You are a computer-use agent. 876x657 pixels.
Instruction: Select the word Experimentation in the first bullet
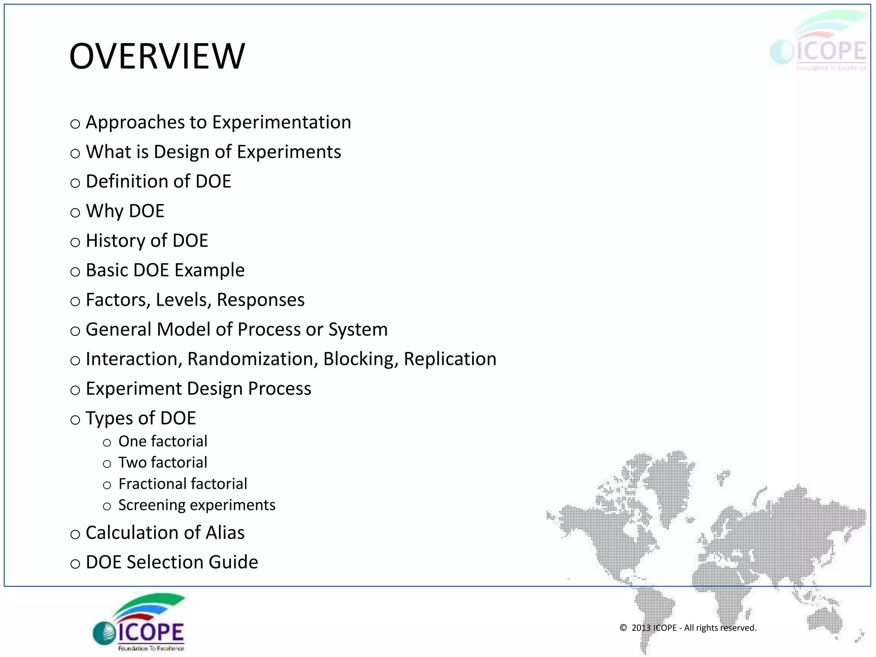pos(281,122)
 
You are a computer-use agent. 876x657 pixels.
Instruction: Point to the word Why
pos(104,211)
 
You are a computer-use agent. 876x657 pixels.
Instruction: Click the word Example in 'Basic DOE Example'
pos(209,270)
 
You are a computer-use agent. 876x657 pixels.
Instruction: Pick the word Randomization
pos(252,359)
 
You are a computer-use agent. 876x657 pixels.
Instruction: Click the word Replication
pos(450,359)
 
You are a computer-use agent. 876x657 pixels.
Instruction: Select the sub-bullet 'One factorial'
pos(163,441)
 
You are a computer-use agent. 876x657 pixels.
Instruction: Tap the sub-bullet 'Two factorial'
pos(163,462)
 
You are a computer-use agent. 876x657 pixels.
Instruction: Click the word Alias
pos(225,533)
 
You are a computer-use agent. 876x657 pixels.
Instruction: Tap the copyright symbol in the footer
pos(623,628)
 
